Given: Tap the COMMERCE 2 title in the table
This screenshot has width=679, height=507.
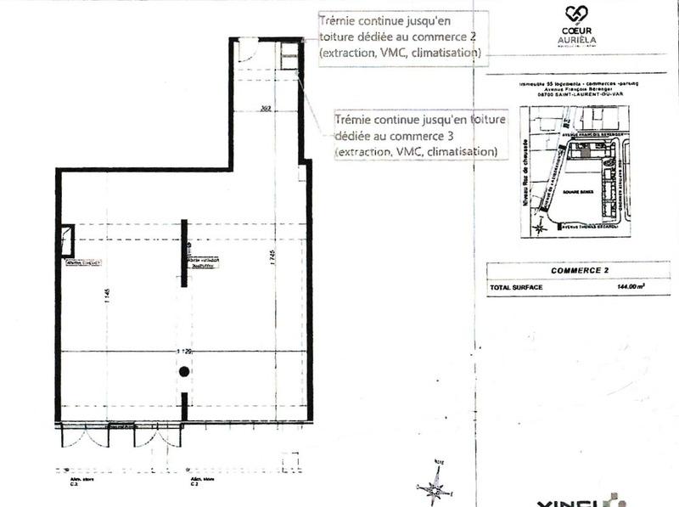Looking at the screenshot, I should pos(577,271).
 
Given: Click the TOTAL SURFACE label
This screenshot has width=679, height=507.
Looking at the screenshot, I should pos(515,287).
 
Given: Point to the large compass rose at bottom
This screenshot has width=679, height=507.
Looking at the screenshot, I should pos(436,485).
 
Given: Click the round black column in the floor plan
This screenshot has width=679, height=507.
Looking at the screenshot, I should pos(183,371).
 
